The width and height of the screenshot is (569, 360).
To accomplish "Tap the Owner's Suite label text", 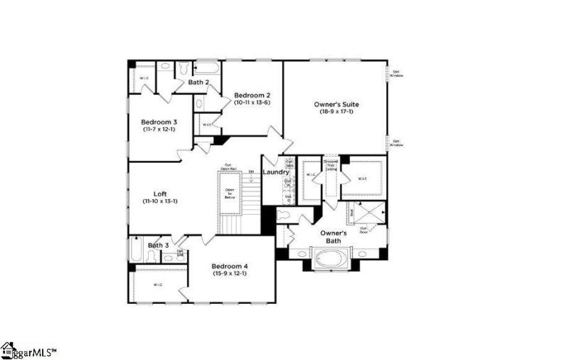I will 336,105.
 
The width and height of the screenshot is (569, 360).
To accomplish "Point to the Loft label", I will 160,194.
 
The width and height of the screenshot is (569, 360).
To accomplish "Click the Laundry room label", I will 275,172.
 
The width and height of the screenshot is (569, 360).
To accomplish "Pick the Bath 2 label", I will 198,83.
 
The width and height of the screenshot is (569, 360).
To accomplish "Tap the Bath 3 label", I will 159,245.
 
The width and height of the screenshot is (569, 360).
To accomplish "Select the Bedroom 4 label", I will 230,266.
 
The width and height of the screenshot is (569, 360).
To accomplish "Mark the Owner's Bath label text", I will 333,237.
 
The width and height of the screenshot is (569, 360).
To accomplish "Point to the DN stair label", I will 251,172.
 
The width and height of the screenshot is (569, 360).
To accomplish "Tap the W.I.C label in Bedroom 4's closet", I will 158,285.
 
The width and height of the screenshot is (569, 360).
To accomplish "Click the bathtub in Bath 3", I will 137,251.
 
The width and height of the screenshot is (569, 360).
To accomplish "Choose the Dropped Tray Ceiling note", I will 331,165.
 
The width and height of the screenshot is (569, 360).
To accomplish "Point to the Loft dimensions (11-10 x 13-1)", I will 160,202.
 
